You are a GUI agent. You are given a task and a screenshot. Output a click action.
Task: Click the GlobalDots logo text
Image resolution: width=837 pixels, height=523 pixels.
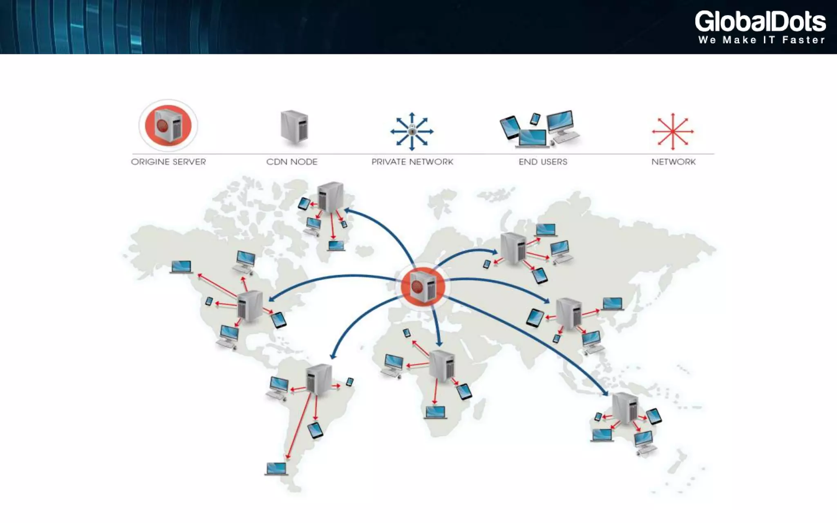click(760, 21)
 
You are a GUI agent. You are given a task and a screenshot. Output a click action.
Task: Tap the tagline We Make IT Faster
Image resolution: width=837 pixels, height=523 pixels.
click(761, 40)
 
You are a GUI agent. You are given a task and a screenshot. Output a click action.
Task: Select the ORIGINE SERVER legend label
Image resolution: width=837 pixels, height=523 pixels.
click(168, 162)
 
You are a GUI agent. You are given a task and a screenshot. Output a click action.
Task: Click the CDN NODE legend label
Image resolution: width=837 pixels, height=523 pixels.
click(292, 162)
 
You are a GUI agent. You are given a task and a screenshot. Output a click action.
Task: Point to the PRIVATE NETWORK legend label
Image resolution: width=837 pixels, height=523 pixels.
click(412, 162)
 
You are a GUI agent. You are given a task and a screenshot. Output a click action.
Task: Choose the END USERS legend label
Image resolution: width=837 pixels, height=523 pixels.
click(543, 162)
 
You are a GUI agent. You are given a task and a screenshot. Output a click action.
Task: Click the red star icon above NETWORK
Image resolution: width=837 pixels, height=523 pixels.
click(673, 132)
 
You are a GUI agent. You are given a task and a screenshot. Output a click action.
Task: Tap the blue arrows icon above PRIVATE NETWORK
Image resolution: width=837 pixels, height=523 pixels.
click(412, 132)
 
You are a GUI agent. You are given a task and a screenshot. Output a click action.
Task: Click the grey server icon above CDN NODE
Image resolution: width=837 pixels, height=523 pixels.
click(294, 127)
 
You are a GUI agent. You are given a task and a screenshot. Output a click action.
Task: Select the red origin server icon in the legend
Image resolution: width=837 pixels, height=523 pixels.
click(168, 125)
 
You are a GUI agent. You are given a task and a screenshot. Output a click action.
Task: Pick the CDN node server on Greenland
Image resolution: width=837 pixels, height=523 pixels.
click(330, 197)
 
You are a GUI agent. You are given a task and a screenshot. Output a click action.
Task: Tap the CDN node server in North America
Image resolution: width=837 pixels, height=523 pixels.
click(250, 306)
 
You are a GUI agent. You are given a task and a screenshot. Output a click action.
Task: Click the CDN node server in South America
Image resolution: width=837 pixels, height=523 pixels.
click(319, 379)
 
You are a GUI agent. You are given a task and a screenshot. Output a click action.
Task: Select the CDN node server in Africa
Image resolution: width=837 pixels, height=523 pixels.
click(442, 365)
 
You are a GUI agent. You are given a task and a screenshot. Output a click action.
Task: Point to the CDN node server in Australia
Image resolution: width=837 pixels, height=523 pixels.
click(625, 407)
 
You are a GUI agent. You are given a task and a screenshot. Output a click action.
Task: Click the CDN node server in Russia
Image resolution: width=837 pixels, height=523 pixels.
click(513, 248)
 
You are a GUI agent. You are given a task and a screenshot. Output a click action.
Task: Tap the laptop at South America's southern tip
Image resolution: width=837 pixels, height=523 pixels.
click(276, 469)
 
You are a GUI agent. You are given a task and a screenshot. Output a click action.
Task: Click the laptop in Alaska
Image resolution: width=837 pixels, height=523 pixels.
click(181, 267)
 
